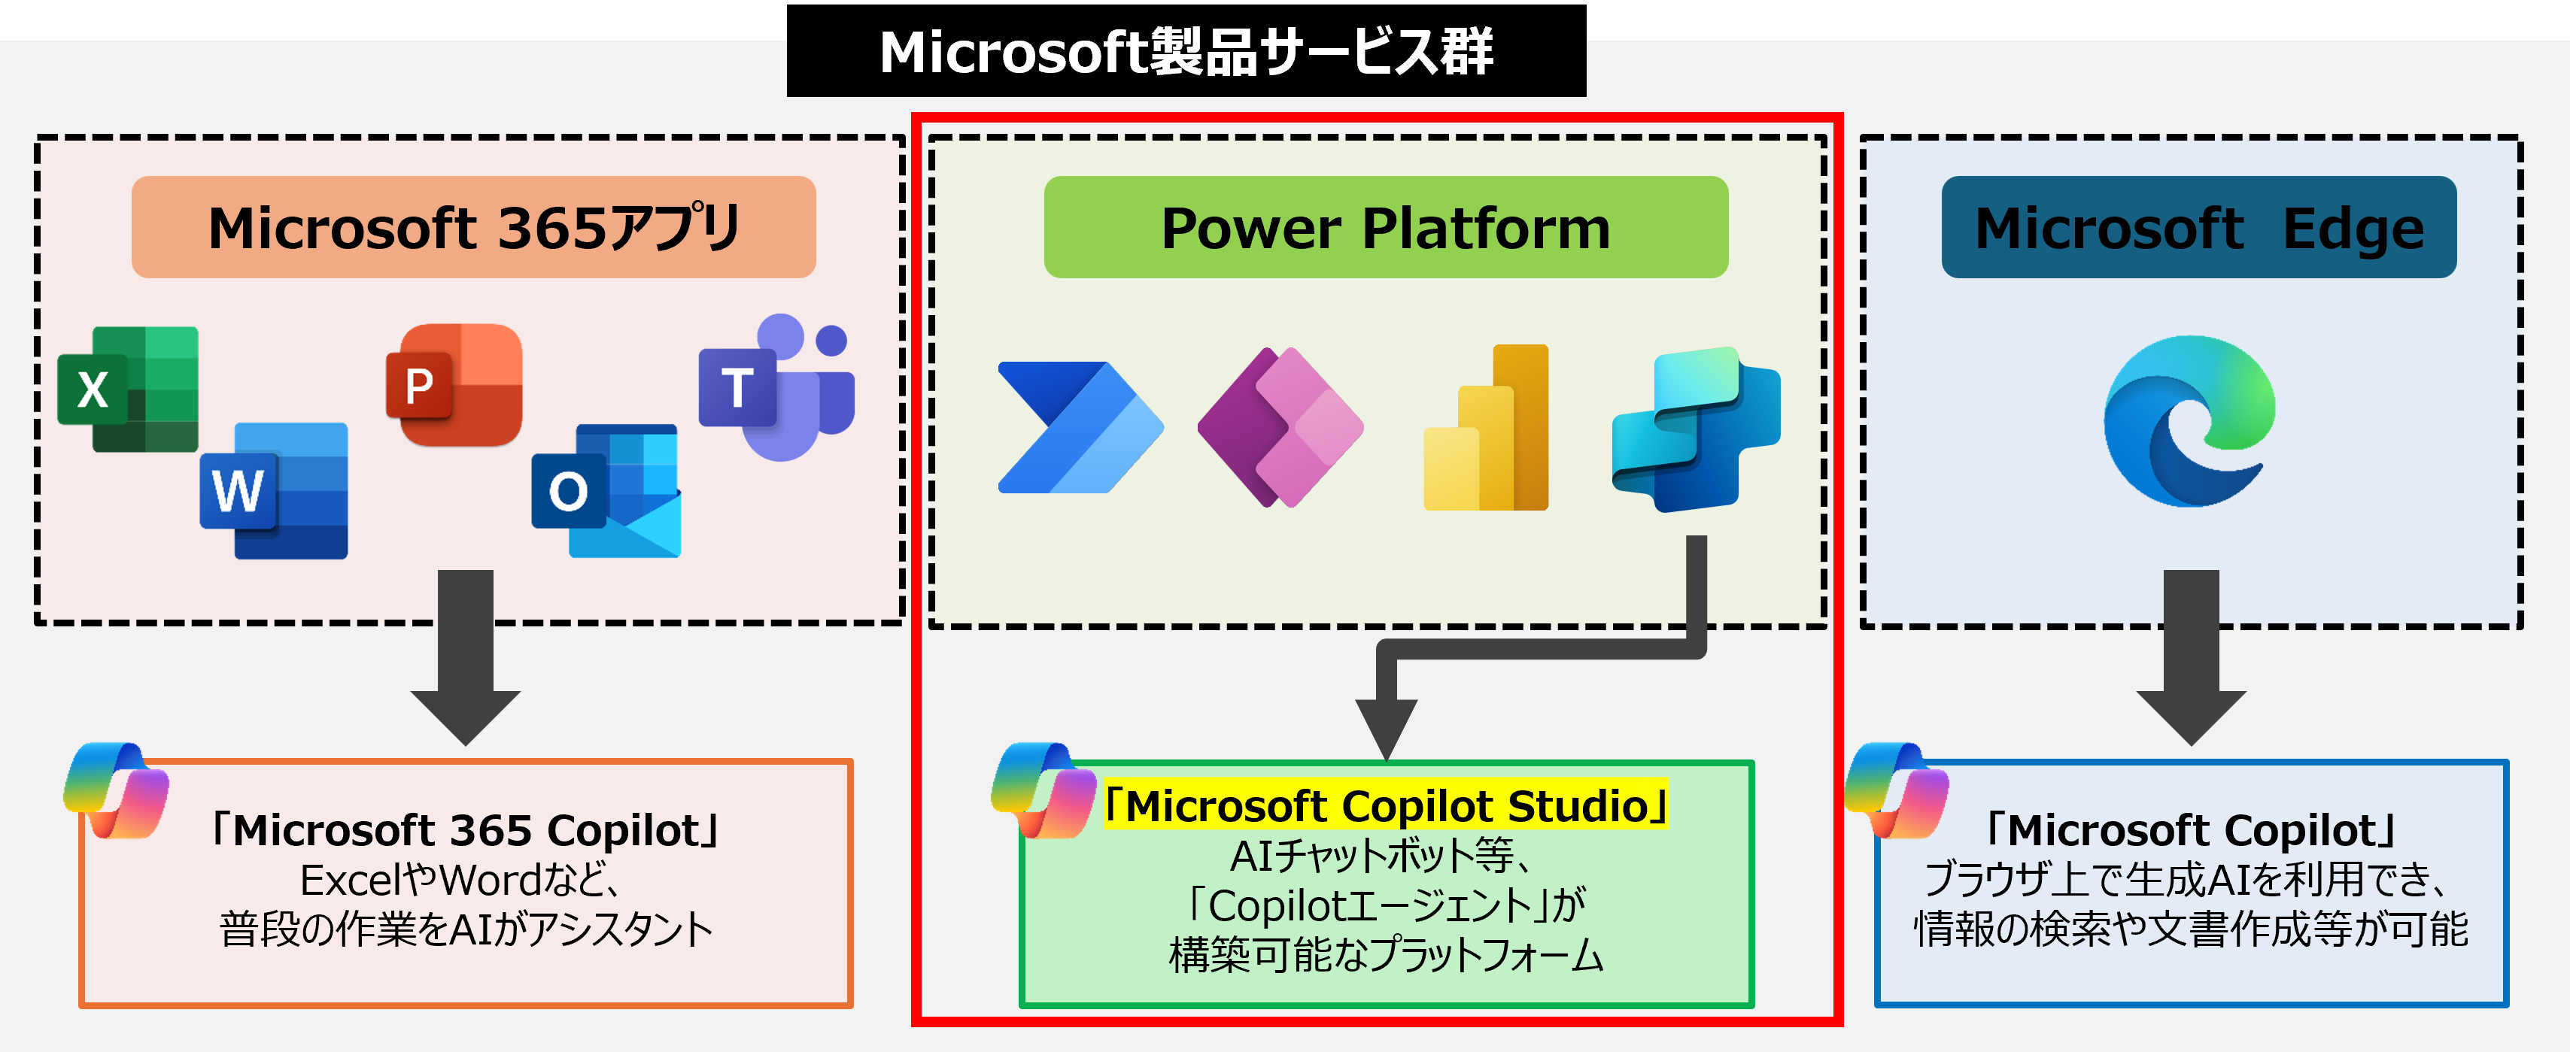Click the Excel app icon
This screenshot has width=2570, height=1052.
[128, 389]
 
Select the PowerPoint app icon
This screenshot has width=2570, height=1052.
[454, 385]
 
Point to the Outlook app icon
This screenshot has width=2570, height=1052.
[606, 490]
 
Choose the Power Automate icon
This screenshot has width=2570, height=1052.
[1080, 427]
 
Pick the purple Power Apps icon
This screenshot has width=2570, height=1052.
[1280, 427]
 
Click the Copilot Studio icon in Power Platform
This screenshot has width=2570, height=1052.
[1695, 429]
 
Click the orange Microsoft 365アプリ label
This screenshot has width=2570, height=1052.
[473, 227]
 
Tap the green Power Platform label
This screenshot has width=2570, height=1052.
[1385, 227]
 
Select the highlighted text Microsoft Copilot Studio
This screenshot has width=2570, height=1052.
[1386, 805]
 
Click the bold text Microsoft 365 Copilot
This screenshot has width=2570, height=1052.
[465, 829]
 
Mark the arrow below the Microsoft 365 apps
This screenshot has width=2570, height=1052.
[465, 658]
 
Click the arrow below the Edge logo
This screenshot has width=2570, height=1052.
[2191, 658]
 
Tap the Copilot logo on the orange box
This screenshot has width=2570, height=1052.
[117, 790]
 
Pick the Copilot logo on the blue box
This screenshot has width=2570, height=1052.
[1897, 790]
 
